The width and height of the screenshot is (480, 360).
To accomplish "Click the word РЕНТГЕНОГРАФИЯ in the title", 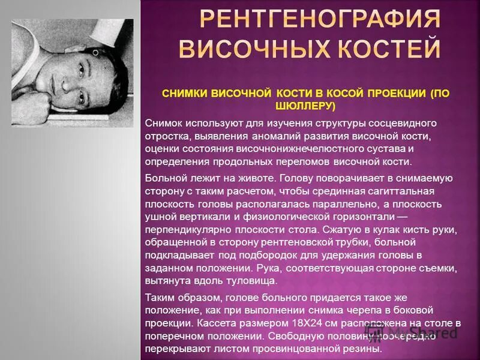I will [319, 20].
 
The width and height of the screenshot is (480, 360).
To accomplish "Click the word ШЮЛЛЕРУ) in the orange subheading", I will [307, 106].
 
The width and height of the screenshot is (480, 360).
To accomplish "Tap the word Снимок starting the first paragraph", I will [164, 122].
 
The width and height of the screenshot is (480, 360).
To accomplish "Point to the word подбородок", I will [248, 254].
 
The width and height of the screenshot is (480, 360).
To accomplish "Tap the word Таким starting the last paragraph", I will [158, 296].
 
